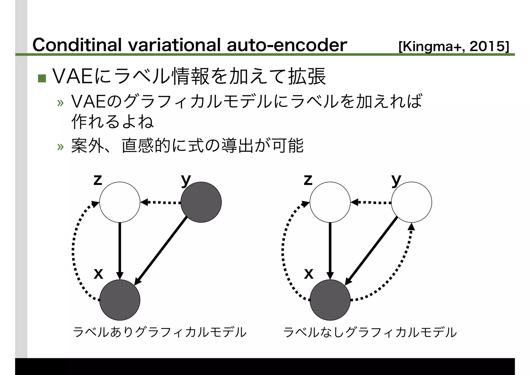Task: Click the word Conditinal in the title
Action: coord(77,45)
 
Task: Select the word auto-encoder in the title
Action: coord(287,45)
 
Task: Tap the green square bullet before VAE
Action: coord(42,78)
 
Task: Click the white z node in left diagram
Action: coord(120,202)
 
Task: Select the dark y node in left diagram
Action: coord(201,202)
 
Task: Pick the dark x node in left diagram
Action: coord(120,300)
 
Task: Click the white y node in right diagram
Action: coord(411,202)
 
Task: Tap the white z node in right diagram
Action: coord(330,202)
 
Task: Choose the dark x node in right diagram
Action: coord(330,300)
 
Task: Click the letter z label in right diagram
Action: coord(308,180)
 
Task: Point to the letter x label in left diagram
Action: coord(98,273)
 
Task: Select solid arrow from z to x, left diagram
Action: coord(120,250)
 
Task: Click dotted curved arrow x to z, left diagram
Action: coord(74,251)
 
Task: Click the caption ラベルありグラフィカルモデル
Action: coord(160,332)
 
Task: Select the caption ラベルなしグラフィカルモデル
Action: coord(370,332)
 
